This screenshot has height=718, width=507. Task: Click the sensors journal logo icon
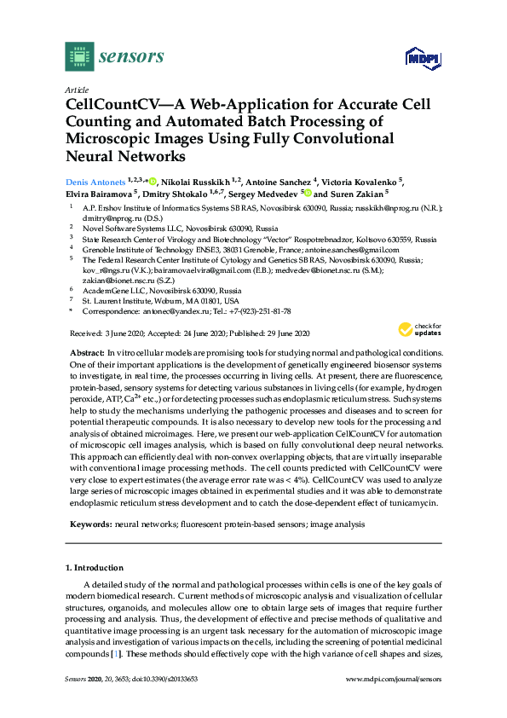coord(78,57)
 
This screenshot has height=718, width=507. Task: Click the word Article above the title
coord(75,89)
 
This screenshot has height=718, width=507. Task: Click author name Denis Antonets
coord(96,182)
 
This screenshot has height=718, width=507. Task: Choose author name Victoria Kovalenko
coord(363,182)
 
